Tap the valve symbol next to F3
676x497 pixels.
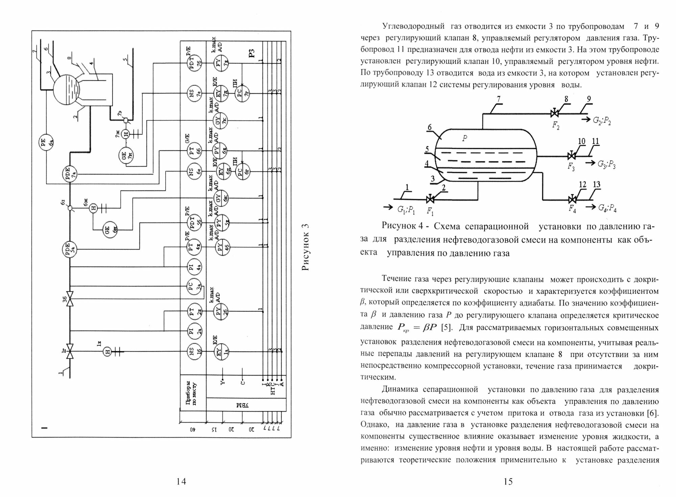coord(572,156)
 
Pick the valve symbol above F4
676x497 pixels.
coord(572,199)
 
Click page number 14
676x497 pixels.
coord(181,481)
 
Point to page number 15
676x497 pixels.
coord(508,481)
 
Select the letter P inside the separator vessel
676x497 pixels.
coord(464,138)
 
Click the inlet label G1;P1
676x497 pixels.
coord(406,210)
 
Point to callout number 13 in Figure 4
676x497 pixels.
coord(597,185)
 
